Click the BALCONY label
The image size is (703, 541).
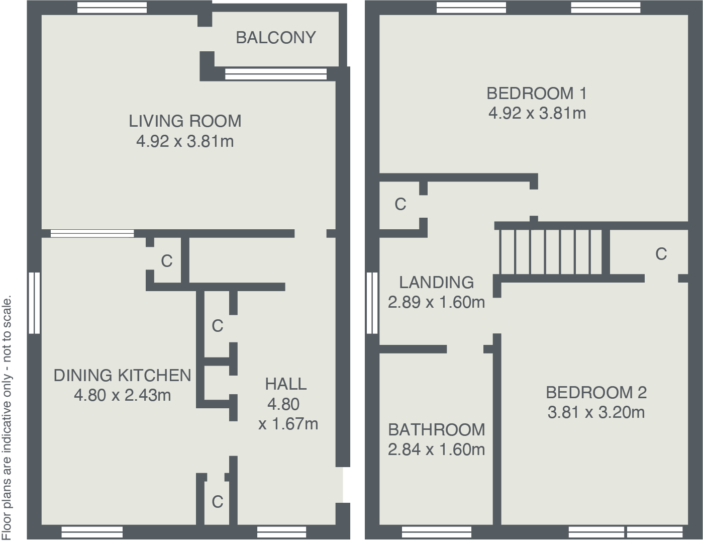pyautogui.click(x=275, y=38)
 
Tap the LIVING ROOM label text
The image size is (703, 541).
pyautogui.click(x=185, y=121)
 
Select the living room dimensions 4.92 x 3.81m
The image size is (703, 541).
pyautogui.click(x=185, y=141)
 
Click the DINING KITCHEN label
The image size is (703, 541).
pyautogui.click(x=122, y=376)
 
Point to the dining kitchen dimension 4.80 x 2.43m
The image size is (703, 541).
pyautogui.click(x=122, y=396)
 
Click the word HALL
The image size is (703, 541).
pyautogui.click(x=285, y=384)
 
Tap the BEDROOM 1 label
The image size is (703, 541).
pyautogui.click(x=537, y=94)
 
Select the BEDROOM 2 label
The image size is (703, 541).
pyautogui.click(x=596, y=392)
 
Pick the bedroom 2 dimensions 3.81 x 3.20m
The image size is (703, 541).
pyautogui.click(x=596, y=413)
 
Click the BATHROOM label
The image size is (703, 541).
pyautogui.click(x=436, y=430)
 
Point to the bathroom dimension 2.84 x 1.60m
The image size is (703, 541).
pyautogui.click(x=436, y=449)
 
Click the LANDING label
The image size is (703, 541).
pyautogui.click(x=436, y=283)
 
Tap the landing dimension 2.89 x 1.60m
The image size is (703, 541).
pyautogui.click(x=436, y=302)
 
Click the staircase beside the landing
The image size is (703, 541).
pyautogui.click(x=553, y=251)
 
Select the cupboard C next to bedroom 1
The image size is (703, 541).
pyautogui.click(x=400, y=205)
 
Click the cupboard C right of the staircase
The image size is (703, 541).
pyautogui.click(x=661, y=254)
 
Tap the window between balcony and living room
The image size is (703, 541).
pyautogui.click(x=275, y=74)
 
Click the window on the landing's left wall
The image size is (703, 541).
pyautogui.click(x=372, y=303)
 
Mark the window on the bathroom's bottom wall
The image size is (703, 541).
pyautogui.click(x=437, y=532)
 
